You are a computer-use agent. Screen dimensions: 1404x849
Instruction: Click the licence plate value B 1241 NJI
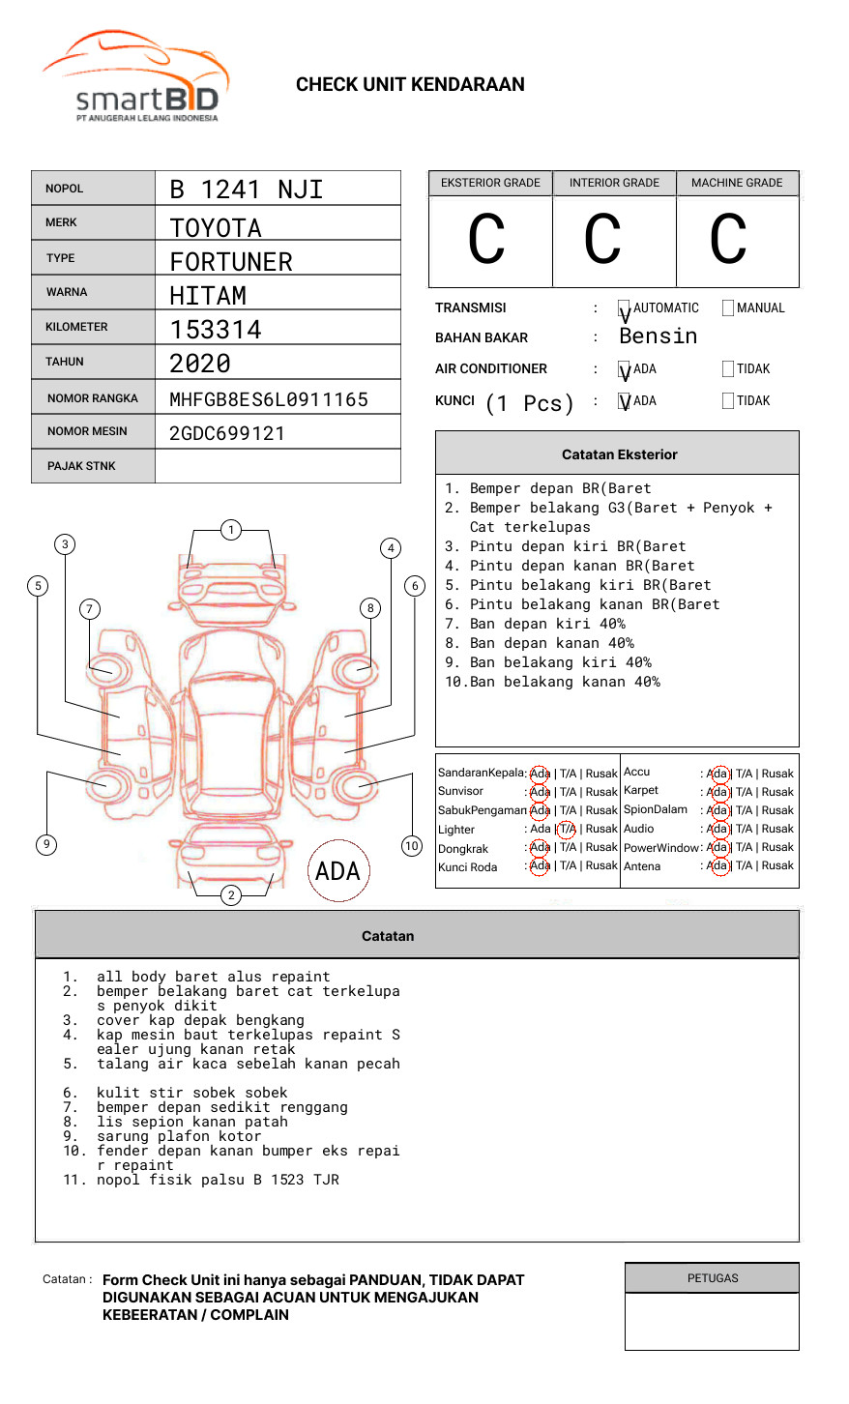pos(246,190)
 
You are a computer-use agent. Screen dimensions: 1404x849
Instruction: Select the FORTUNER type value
pos(230,262)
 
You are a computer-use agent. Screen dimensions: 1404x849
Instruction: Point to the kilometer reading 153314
pos(216,330)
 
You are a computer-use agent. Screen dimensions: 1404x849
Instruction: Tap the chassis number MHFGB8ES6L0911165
pos(269,399)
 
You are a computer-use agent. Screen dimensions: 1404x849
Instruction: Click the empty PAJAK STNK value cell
pos(278,466)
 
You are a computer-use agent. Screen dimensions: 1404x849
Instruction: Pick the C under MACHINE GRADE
pos(728,240)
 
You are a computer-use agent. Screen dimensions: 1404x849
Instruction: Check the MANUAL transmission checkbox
pos(728,308)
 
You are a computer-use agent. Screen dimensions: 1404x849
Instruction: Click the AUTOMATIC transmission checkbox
pos(625,309)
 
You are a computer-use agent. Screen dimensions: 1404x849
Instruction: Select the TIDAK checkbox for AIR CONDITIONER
pos(728,369)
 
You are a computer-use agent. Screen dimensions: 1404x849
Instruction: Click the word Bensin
pos(658,336)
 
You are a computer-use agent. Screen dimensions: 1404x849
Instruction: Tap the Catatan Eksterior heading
pos(619,454)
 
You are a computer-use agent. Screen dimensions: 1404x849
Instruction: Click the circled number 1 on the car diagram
pos(230,530)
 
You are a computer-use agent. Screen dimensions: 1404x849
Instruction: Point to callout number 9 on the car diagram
pos(45,844)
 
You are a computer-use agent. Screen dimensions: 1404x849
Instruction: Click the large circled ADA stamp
pos(337,871)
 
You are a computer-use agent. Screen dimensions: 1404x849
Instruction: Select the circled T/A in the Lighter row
pos(567,830)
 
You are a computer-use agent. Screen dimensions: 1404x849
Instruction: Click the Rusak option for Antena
pos(777,866)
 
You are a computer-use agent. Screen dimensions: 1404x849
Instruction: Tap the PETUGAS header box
pos(712,1278)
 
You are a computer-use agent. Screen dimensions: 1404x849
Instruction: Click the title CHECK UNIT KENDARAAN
pos(410,85)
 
